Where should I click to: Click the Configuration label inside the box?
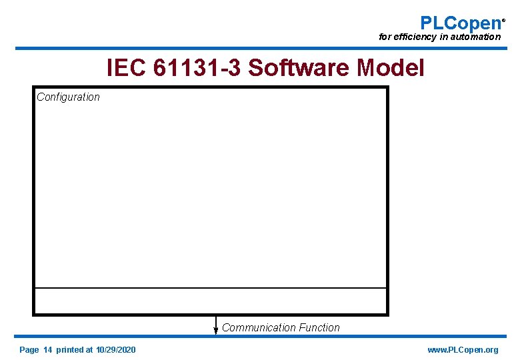(x=68, y=97)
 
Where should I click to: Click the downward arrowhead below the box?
(x=216, y=329)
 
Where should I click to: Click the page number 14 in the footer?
(x=47, y=350)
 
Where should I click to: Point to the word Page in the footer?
(x=29, y=350)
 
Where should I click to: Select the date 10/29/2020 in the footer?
(x=115, y=350)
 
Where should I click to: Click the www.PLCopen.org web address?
(x=463, y=350)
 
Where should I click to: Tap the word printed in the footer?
(x=70, y=350)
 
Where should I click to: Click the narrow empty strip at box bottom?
(x=211, y=301)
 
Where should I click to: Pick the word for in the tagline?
(x=385, y=37)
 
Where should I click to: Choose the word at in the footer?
(x=89, y=350)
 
